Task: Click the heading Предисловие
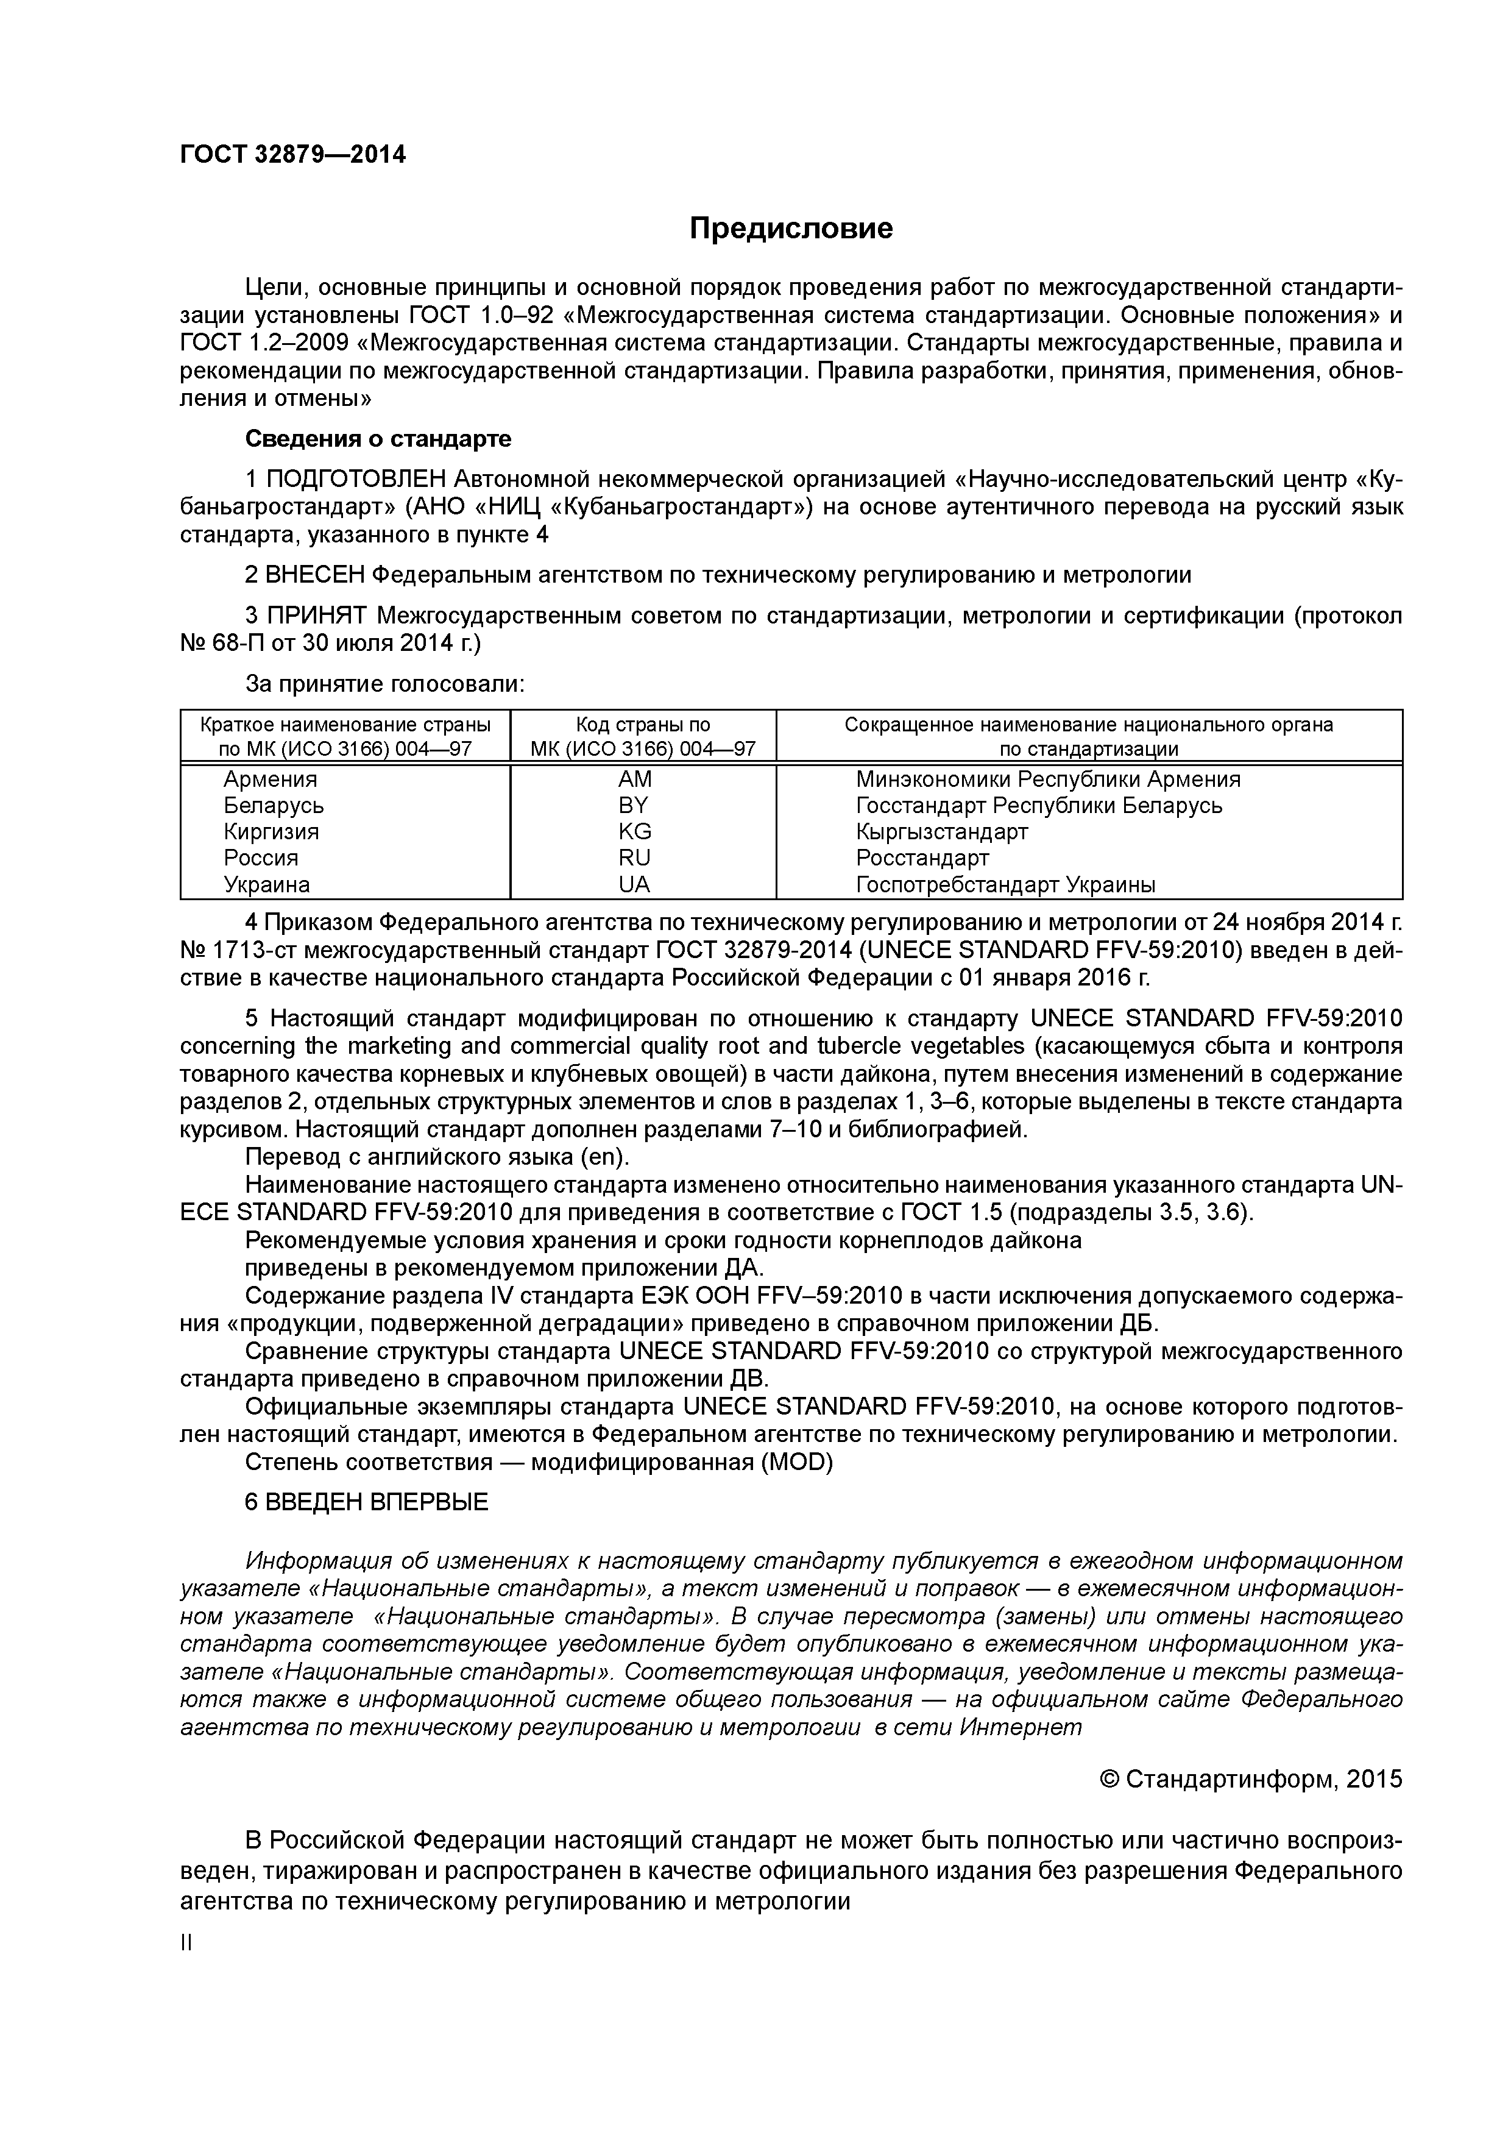[790, 228]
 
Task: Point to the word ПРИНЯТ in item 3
[317, 616]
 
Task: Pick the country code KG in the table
[634, 831]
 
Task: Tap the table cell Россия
[261, 857]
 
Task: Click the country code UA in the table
[634, 884]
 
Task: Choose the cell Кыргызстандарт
[941, 831]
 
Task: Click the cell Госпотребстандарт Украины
[1005, 884]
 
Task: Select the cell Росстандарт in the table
[922, 857]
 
